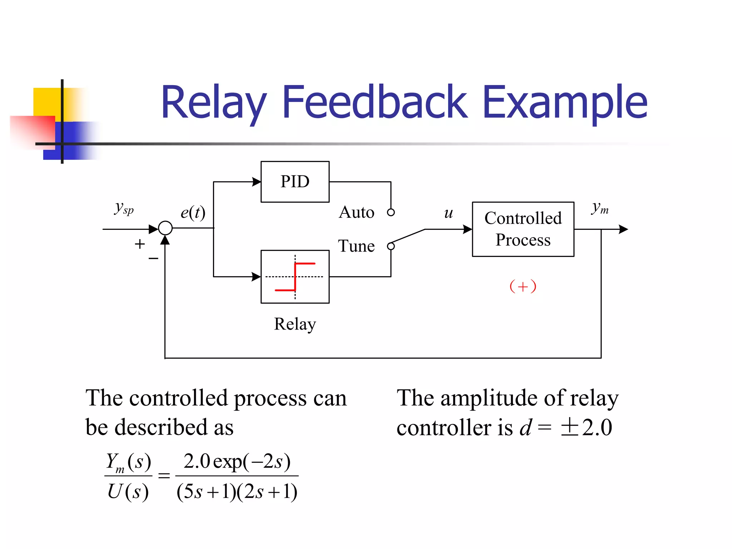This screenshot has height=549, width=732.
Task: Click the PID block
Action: click(x=295, y=182)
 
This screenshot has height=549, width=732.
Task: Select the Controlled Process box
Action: click(x=523, y=229)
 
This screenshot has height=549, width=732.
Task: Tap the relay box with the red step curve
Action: click(x=295, y=277)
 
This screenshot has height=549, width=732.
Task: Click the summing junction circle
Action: click(x=165, y=228)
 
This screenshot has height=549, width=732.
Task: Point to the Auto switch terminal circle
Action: click(x=391, y=212)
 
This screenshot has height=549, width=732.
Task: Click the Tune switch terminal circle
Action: click(x=391, y=246)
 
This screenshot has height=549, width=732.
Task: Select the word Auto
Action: click(x=356, y=212)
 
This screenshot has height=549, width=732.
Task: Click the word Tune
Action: click(x=356, y=246)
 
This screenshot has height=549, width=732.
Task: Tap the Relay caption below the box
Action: click(x=295, y=324)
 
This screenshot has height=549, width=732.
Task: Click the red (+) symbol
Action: click(x=523, y=286)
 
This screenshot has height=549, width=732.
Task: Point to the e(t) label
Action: click(x=193, y=213)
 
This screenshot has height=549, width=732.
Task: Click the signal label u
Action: click(x=449, y=213)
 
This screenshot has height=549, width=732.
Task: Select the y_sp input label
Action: click(x=124, y=208)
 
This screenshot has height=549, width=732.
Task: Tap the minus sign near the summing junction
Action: click(x=153, y=258)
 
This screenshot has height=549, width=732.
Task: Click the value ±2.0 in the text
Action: click(x=586, y=427)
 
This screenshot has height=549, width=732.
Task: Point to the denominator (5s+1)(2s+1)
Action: click(x=237, y=492)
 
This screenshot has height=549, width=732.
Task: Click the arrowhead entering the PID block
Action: click(x=256, y=182)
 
